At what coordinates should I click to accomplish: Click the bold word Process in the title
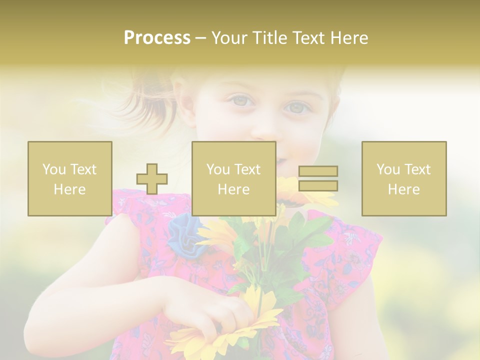click(157, 38)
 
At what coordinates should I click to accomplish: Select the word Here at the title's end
click(348, 38)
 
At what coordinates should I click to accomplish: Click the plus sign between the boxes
click(152, 179)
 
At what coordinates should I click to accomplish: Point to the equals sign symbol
click(318, 178)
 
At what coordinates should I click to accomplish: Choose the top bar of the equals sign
click(318, 171)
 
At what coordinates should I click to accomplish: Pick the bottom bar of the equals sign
click(318, 186)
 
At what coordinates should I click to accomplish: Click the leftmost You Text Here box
click(69, 178)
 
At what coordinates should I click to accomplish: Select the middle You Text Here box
click(233, 178)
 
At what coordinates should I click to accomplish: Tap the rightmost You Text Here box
click(403, 178)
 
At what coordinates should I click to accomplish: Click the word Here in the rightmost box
click(403, 189)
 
